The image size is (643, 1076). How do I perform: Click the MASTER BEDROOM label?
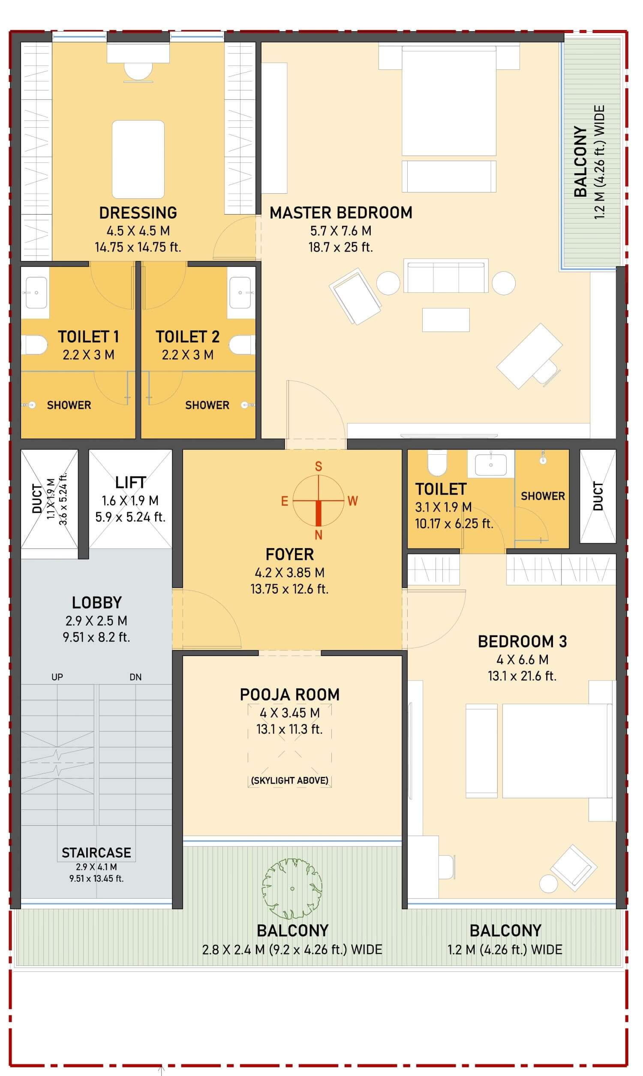click(x=340, y=213)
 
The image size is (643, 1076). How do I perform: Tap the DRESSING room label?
click(x=138, y=213)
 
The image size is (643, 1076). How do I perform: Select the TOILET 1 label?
click(x=88, y=336)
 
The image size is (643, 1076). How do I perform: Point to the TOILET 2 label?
click(x=188, y=336)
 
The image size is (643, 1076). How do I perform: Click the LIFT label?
click(x=130, y=483)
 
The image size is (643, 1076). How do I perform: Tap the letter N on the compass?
click(x=318, y=535)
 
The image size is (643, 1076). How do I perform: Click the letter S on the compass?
click(x=318, y=466)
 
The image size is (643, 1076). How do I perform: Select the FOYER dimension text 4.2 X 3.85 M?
click(x=289, y=573)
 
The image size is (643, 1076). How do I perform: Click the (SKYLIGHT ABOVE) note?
click(x=289, y=780)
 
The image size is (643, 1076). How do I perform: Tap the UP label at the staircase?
click(x=57, y=677)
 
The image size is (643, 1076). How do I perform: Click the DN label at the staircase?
click(x=135, y=677)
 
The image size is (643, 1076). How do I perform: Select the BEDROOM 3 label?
click(x=522, y=642)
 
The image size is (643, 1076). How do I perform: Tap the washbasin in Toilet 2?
click(x=240, y=293)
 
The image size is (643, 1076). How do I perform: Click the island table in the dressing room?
click(x=138, y=159)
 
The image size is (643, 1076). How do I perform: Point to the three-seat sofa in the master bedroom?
click(x=446, y=276)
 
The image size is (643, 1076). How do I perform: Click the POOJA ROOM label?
click(x=289, y=695)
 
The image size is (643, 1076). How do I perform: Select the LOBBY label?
click(x=96, y=603)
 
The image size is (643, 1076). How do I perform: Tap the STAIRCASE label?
click(x=96, y=853)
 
